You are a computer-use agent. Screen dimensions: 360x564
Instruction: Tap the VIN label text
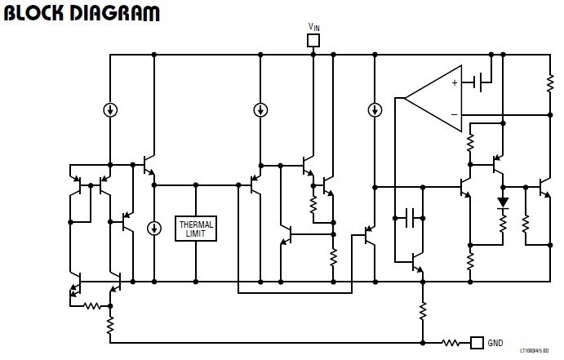click(314, 27)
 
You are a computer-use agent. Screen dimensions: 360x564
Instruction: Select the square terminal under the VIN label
click(313, 40)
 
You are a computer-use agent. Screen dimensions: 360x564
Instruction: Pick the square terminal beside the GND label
click(477, 342)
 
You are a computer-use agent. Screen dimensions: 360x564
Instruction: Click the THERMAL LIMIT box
click(196, 229)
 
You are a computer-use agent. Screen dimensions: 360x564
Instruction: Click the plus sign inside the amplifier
click(455, 82)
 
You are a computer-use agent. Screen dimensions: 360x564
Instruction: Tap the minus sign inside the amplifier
click(455, 114)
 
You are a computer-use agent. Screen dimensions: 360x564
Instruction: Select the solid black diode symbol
click(503, 202)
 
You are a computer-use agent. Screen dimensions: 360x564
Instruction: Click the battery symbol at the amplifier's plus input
click(482, 82)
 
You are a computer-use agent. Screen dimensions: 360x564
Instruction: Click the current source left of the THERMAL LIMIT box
click(153, 229)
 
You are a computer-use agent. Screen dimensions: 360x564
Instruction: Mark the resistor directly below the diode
click(503, 220)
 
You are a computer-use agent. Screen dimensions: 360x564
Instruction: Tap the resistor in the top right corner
click(550, 82)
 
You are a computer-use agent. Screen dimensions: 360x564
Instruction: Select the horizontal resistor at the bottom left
click(91, 306)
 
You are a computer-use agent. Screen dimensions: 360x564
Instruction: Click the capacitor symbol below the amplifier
click(412, 217)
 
